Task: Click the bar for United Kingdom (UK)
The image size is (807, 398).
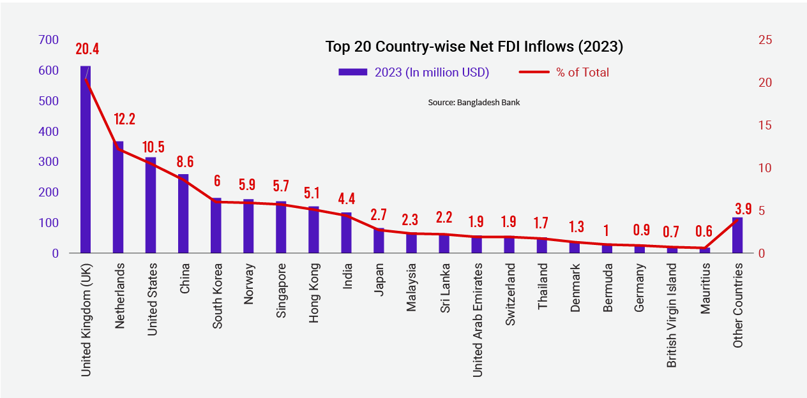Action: point(86,159)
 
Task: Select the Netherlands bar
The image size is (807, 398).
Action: point(118,197)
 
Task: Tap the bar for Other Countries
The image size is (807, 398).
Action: point(737,235)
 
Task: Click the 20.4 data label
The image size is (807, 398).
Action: point(87,49)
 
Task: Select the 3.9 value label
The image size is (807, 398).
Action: point(743,209)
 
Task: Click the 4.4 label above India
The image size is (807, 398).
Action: point(346,197)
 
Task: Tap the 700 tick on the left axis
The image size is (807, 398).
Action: point(49,40)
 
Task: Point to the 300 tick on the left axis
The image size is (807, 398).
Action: point(49,162)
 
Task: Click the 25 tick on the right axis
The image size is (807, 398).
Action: point(765,40)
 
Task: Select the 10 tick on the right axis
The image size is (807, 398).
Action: point(765,168)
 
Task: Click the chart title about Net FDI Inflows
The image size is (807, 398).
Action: point(474,47)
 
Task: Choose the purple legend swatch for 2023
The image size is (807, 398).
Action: point(353,72)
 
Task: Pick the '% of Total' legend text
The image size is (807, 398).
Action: point(582,72)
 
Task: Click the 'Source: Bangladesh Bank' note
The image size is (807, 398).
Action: point(474,102)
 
